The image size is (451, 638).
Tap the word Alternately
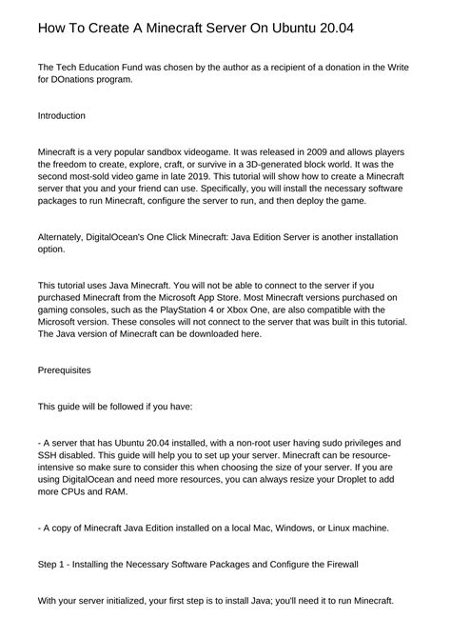tap(66, 236)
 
